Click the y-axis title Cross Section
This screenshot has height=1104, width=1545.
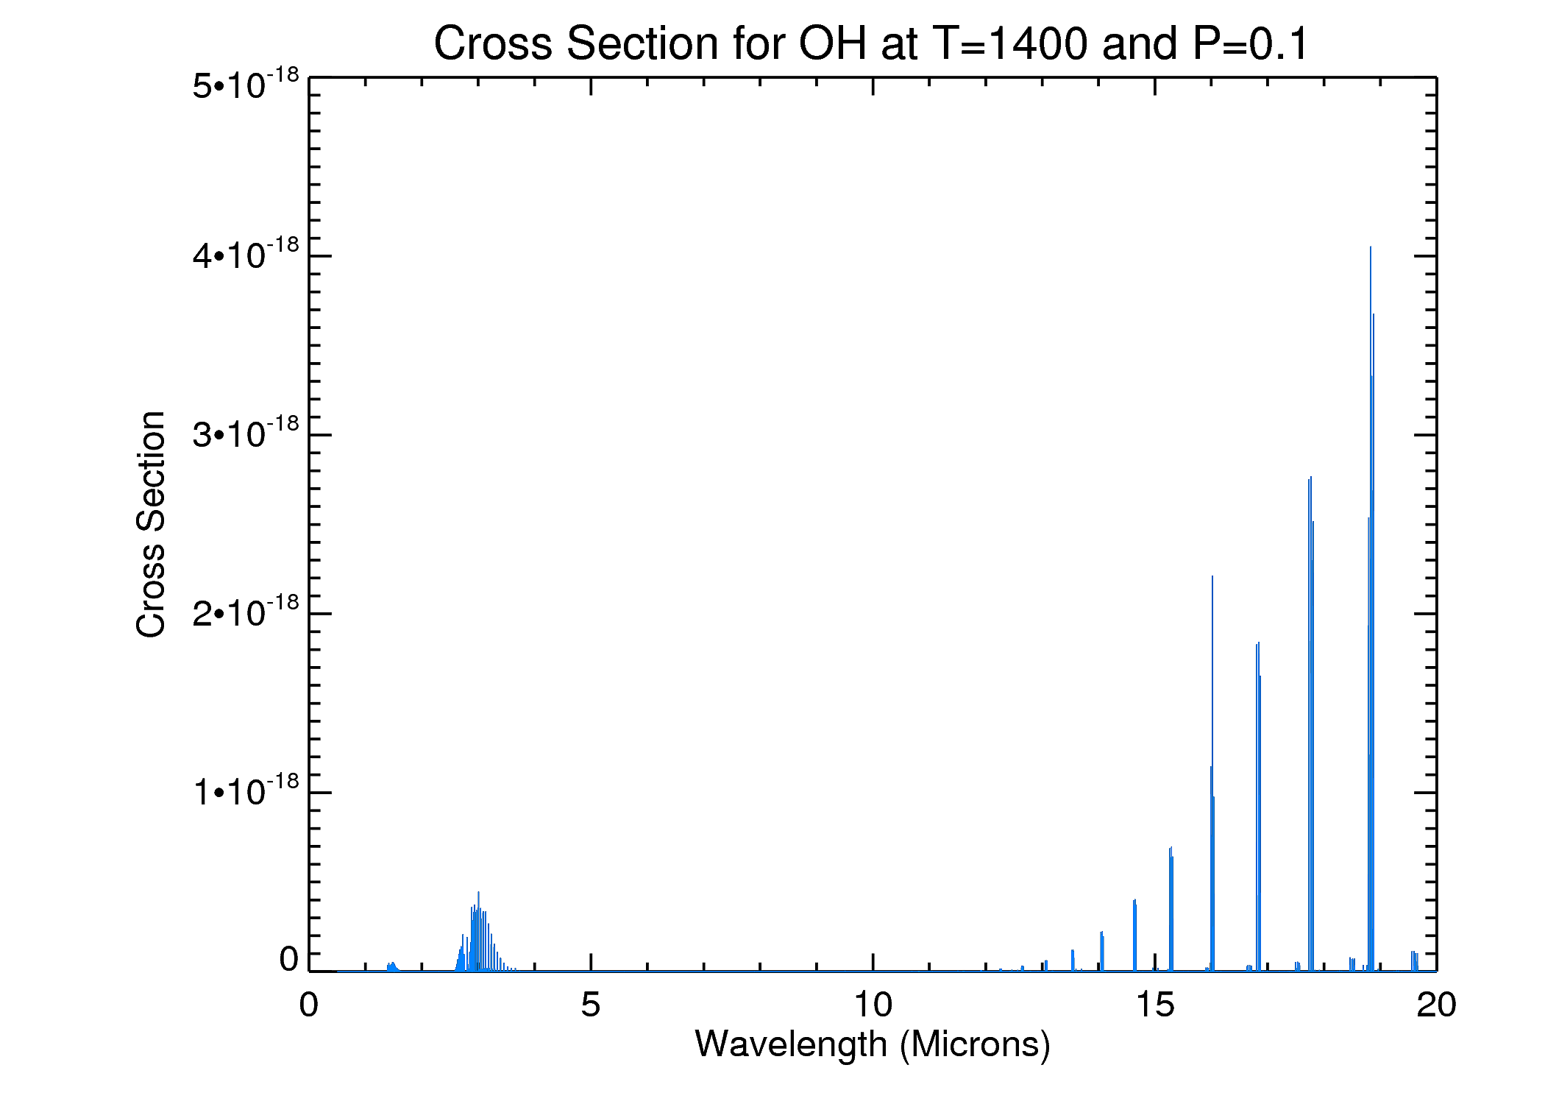click(x=152, y=524)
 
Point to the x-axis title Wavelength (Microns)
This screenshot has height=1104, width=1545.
click(x=873, y=1044)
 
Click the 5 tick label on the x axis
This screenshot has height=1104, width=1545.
click(x=591, y=1005)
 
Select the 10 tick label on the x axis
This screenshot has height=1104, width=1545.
click(x=873, y=1005)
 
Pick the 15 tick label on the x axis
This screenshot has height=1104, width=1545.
click(x=1154, y=1005)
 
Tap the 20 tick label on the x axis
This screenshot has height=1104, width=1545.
click(x=1436, y=1005)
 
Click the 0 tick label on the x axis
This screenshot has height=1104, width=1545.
click(x=309, y=1005)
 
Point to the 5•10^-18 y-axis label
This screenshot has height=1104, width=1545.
click(x=246, y=84)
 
